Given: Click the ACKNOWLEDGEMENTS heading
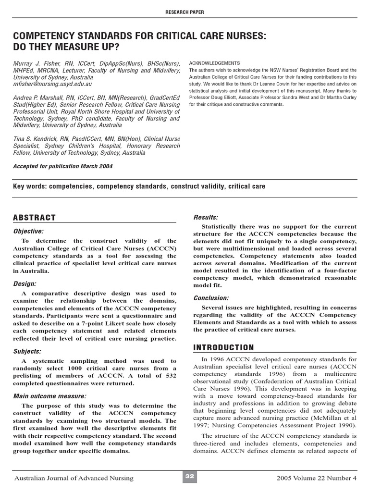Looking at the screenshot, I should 214,63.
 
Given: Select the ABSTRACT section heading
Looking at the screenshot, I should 35,218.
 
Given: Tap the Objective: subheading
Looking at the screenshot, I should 28,231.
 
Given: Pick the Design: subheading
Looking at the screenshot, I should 25,283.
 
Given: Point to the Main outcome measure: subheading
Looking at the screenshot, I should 50,396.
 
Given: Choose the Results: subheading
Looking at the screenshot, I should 206,217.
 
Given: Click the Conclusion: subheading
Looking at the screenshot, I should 210,298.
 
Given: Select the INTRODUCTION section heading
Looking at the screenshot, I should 223,347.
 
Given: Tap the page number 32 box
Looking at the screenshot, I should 189,476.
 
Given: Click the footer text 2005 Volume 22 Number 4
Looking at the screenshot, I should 317,478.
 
